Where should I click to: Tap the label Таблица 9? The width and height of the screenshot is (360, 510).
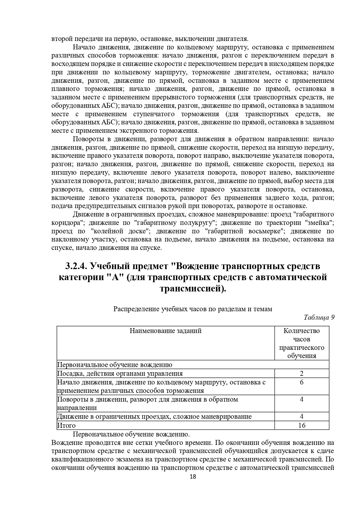point(319,317)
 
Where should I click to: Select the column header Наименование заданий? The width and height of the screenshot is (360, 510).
point(165,331)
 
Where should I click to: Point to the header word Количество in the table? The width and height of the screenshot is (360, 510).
point(301,331)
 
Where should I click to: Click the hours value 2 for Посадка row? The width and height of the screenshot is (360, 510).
point(301,374)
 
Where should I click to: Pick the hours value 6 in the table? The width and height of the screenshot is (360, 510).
point(301,382)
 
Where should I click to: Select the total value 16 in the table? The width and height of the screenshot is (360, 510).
point(302,425)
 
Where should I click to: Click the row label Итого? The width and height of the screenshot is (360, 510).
point(66,425)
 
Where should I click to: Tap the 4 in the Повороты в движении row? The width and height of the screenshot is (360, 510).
point(301,399)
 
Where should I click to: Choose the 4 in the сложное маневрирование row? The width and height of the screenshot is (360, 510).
point(301,417)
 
